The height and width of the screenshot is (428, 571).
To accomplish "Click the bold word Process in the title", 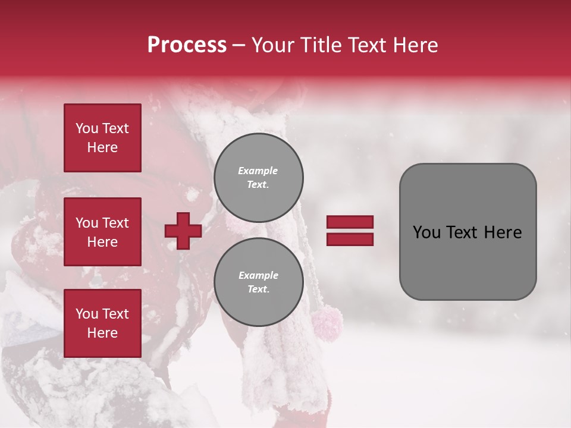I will tap(187, 45).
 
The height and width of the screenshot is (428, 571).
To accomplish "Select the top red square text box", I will tap(102, 138).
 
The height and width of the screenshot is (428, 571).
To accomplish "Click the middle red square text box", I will tap(102, 232).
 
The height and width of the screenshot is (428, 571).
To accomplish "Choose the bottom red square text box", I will tap(102, 323).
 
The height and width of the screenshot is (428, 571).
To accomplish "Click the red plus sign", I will tap(183, 231).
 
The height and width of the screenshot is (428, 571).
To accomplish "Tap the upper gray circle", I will tap(259, 178).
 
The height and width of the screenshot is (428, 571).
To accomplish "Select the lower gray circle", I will tap(259, 282).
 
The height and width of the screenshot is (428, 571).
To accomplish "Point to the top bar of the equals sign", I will tap(350, 222).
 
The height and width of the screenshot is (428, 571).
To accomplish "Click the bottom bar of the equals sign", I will tap(350, 239).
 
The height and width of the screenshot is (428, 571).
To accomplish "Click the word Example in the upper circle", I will tap(258, 171).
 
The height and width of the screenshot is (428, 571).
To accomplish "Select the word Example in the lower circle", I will tap(258, 275).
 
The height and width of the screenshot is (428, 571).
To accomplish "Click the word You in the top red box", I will tap(86, 128).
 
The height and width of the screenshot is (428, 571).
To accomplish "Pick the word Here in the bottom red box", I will tap(102, 333).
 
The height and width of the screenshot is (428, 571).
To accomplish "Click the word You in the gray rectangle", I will tap(426, 232).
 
